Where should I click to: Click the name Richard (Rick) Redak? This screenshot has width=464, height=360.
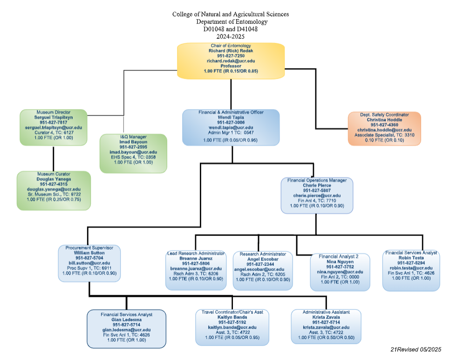point(231,50)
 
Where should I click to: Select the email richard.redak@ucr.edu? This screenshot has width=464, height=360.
point(231,61)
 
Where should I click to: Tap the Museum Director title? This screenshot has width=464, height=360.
point(54,112)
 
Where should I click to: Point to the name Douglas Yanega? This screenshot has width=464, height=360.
point(54,179)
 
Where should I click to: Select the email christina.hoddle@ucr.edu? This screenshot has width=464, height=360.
point(384,130)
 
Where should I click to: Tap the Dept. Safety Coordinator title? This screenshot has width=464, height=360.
point(384,114)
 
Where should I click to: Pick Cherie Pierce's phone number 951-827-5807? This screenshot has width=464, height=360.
point(316,190)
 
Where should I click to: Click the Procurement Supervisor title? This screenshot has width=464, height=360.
point(89,248)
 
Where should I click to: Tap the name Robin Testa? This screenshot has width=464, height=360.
point(411,257)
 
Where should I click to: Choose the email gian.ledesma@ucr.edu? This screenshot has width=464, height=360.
point(127,330)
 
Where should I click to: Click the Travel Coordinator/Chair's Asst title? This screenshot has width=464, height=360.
point(232,312)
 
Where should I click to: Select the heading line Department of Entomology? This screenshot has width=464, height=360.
point(231,21)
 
